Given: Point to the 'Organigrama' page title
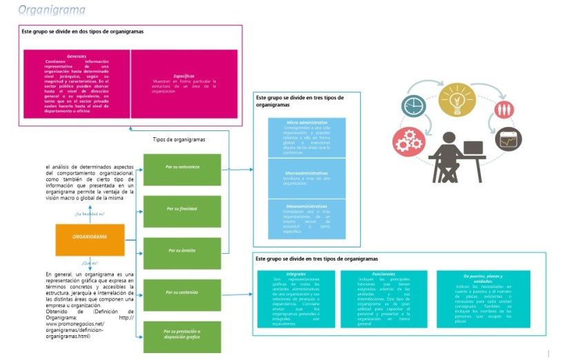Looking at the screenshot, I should pos(52,10).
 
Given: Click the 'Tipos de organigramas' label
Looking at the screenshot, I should pos(179,139).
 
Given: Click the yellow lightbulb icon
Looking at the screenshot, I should pos(457,98).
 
